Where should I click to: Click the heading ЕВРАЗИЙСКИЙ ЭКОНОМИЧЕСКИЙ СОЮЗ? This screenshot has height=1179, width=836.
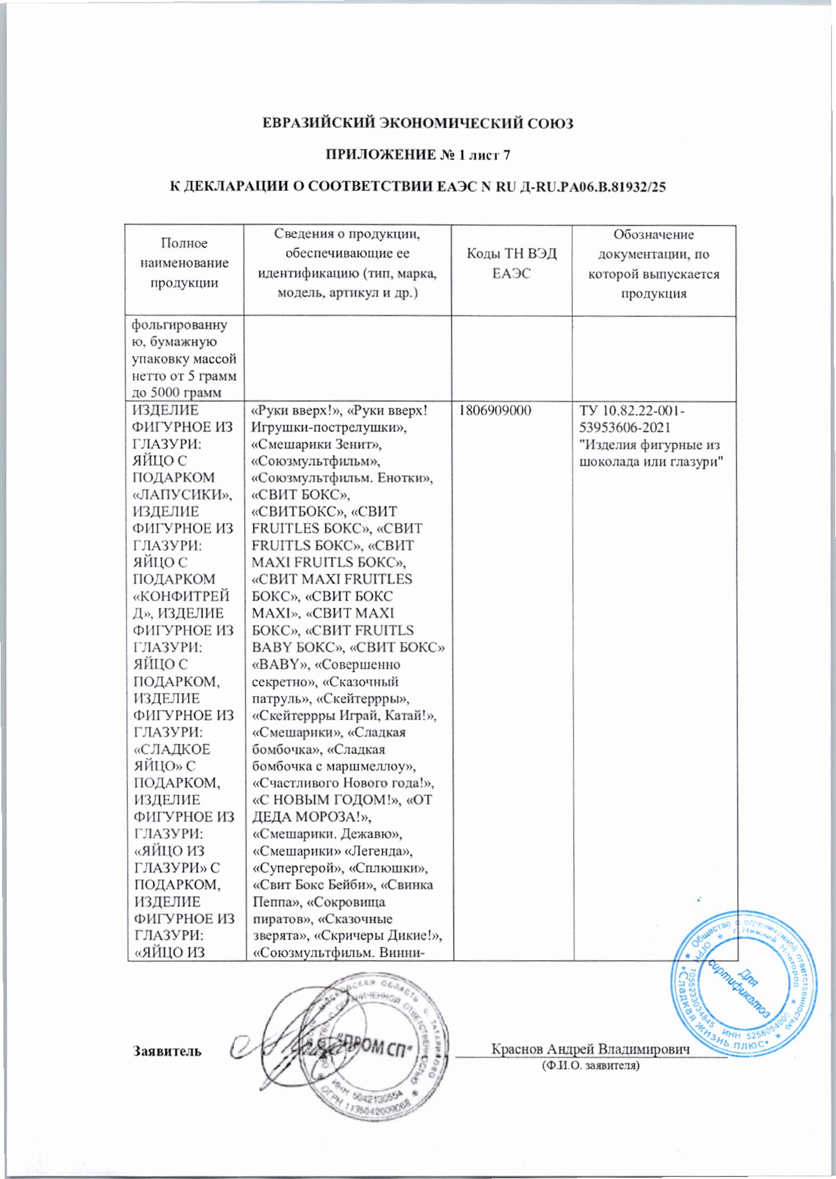pos(418,123)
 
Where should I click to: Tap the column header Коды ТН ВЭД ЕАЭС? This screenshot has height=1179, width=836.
pos(511,264)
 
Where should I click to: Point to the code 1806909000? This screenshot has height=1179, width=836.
pos(494,410)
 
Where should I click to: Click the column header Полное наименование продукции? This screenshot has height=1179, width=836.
pos(184,263)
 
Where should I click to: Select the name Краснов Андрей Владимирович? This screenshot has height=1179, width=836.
pos(590,1048)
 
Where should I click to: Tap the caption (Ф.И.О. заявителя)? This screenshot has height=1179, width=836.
pos(590,1066)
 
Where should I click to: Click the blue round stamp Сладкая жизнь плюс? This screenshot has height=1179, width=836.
pos(743,983)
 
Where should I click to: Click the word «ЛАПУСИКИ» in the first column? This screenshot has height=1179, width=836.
pos(182,494)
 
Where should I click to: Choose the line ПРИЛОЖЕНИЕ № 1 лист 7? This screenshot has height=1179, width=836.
pos(418,155)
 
